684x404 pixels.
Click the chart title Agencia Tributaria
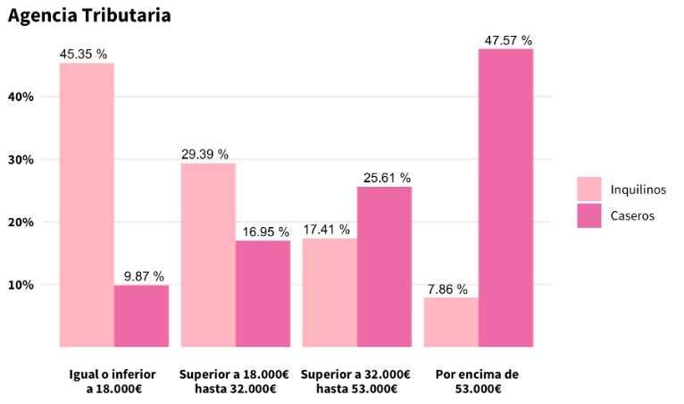point(89,16)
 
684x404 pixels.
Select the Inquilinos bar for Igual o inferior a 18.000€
point(87,205)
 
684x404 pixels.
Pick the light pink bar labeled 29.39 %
point(208,255)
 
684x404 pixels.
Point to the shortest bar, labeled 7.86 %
point(451,322)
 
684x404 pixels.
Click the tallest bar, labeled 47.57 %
point(505,198)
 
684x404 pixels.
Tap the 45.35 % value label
point(83,55)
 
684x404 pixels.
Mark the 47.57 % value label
point(508,40)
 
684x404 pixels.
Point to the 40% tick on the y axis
point(21,97)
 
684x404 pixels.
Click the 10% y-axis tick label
point(21,285)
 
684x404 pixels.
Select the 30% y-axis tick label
point(21,160)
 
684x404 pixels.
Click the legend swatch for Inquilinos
point(589,189)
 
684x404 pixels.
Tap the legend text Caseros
point(632,215)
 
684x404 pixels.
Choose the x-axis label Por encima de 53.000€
point(477,382)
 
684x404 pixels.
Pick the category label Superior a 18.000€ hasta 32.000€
point(235,382)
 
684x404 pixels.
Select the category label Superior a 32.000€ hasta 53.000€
point(356,382)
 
